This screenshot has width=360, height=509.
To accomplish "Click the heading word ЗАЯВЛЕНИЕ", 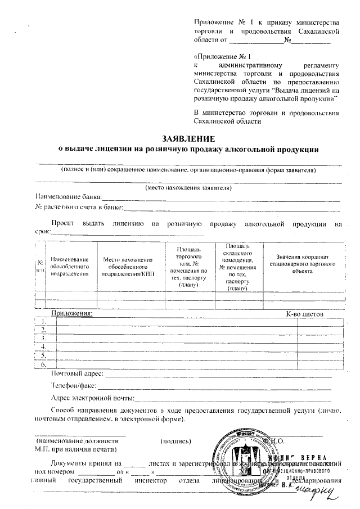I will pyautogui.click(x=189, y=139).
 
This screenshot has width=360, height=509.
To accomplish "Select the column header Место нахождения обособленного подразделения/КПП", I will pyautogui.click(x=130, y=266).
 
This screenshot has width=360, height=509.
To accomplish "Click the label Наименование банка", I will pyautogui.click(x=68, y=197).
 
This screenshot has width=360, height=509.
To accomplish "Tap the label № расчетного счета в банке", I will pyautogui.click(x=79, y=208).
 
